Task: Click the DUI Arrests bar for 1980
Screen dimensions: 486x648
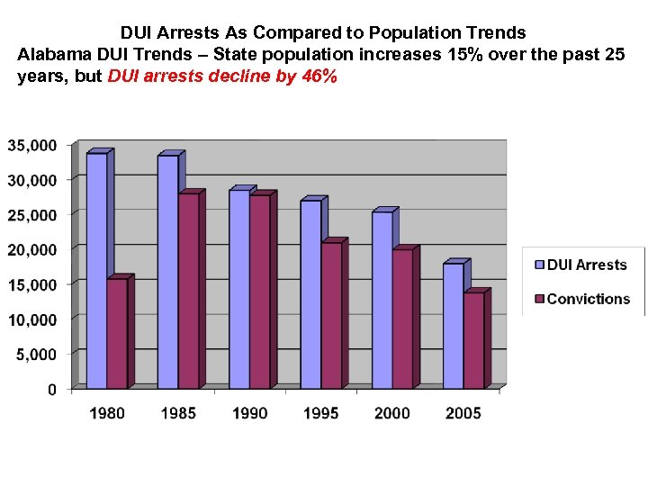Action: (96, 270)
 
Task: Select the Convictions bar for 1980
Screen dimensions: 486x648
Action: (117, 333)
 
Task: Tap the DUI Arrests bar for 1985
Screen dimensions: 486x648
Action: (167, 271)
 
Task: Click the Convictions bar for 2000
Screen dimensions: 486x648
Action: (402, 319)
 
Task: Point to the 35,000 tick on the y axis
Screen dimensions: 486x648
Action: (32, 145)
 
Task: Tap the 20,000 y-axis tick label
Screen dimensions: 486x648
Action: (32, 249)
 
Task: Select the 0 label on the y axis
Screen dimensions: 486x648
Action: (52, 390)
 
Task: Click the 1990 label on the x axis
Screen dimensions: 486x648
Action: (249, 413)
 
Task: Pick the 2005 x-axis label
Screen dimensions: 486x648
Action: (463, 413)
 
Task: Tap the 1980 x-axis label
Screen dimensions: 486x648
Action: (107, 413)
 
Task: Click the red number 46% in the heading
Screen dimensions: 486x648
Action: (320, 76)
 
